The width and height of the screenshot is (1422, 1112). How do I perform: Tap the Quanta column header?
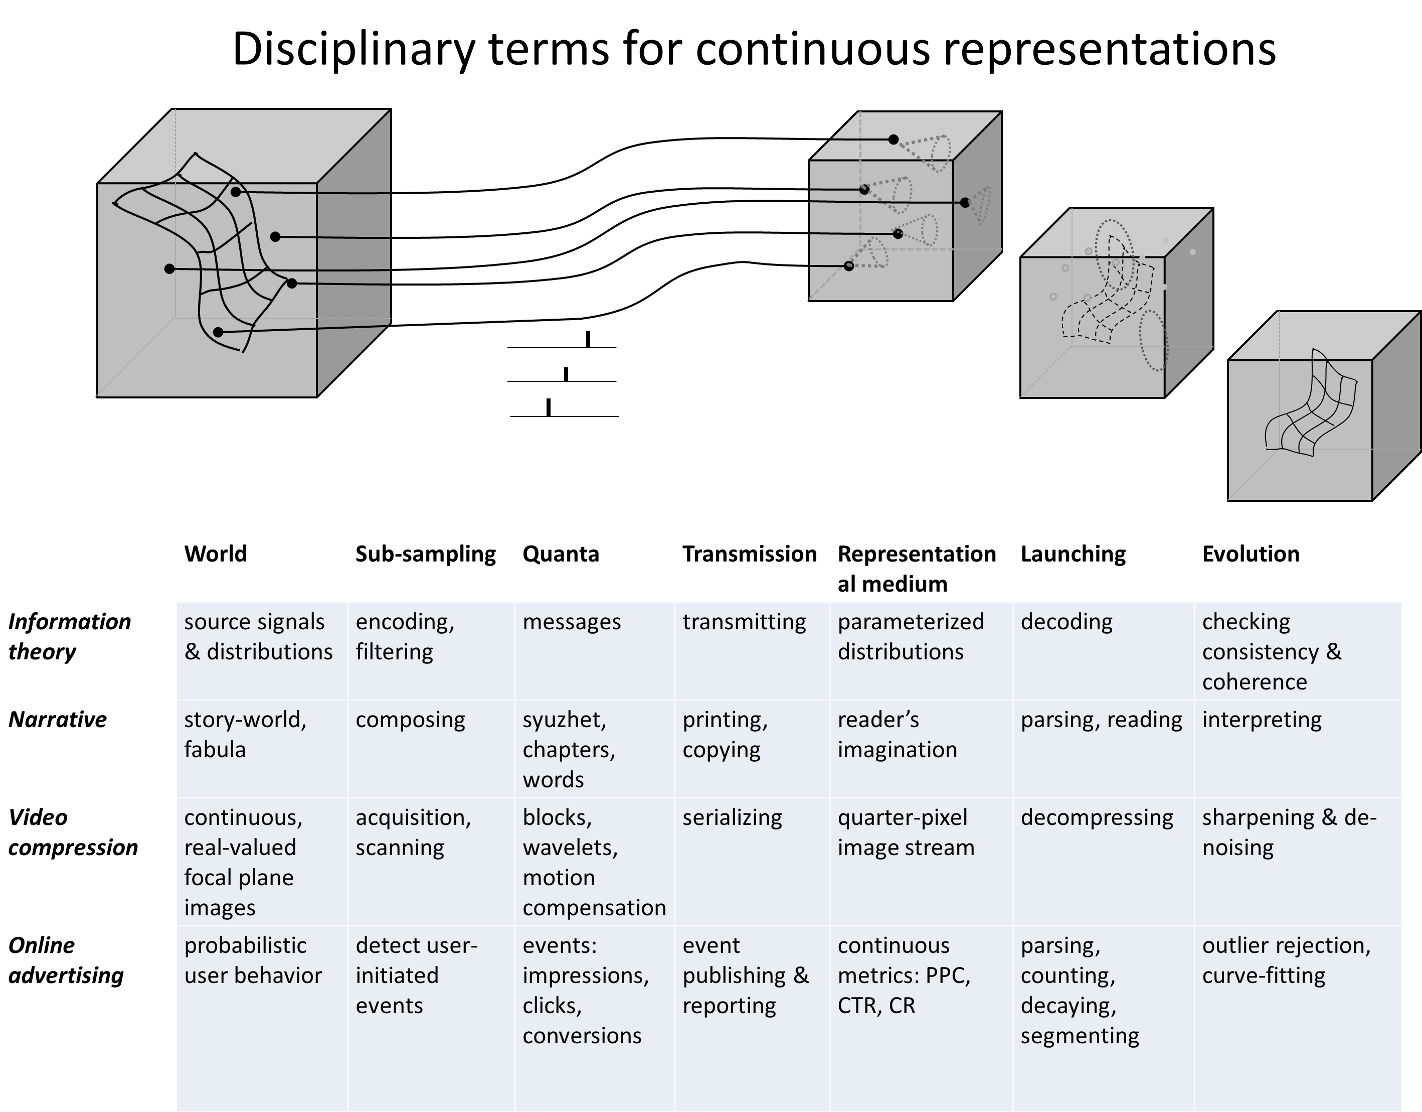[x=561, y=553]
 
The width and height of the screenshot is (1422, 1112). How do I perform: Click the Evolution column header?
[x=1251, y=553]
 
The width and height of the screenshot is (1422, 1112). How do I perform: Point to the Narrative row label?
[x=57, y=719]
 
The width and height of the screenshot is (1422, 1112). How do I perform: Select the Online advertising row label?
[x=66, y=960]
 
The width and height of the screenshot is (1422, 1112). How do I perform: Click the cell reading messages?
[x=572, y=622]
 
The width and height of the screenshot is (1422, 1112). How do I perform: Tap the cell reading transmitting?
[x=744, y=622]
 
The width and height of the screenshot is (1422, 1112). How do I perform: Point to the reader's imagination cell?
[x=897, y=735]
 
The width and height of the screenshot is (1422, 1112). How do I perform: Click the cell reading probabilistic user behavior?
[x=253, y=960]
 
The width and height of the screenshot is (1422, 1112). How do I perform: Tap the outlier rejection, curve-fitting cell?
[x=1286, y=960]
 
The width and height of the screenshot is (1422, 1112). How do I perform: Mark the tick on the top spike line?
[x=588, y=339]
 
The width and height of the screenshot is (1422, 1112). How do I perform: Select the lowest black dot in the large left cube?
[x=218, y=332]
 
